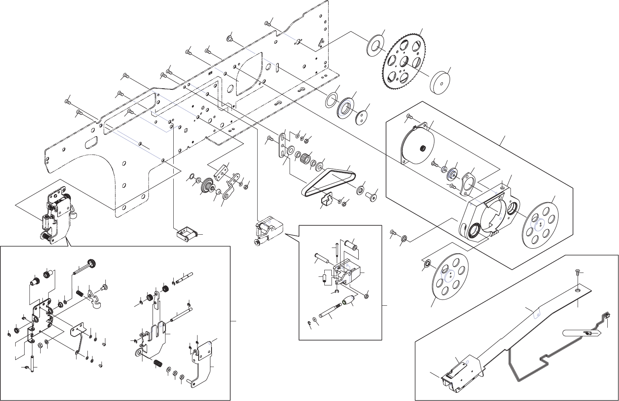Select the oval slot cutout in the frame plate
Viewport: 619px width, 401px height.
(x=92, y=142)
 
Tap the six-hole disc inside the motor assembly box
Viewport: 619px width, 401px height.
(x=540, y=224)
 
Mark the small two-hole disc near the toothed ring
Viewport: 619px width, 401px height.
(x=362, y=117)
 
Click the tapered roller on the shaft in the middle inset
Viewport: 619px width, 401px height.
(x=349, y=301)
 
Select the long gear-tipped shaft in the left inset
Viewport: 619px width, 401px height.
(x=84, y=268)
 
